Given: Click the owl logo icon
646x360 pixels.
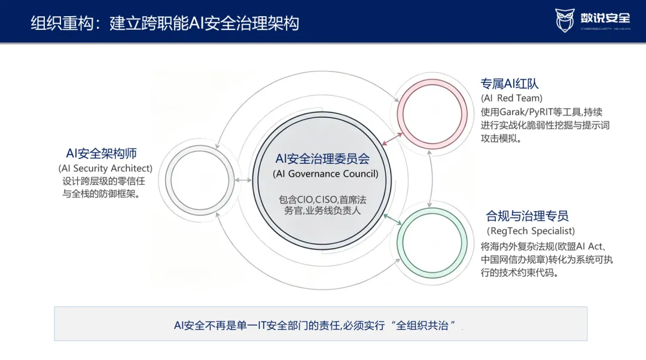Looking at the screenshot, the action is [565, 20].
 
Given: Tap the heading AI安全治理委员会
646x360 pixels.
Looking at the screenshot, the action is [322, 158].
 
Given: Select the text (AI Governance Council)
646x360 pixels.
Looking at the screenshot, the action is [325, 174].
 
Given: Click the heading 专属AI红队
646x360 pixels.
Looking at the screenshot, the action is [510, 84].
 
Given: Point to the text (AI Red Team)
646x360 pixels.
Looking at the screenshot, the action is [511, 98].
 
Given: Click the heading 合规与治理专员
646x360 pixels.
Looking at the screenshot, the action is [527, 216].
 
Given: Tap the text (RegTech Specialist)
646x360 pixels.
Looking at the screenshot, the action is [531, 231].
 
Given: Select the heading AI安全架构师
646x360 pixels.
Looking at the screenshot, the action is [101, 154].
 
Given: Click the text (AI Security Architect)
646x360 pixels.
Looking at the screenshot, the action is [105, 168].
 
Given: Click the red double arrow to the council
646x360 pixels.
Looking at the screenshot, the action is [392, 139].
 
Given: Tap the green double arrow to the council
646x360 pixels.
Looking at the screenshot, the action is [392, 219].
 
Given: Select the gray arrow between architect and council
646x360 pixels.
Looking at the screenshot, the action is [243, 180].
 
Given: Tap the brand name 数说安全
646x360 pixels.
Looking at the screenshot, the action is [605, 18].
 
